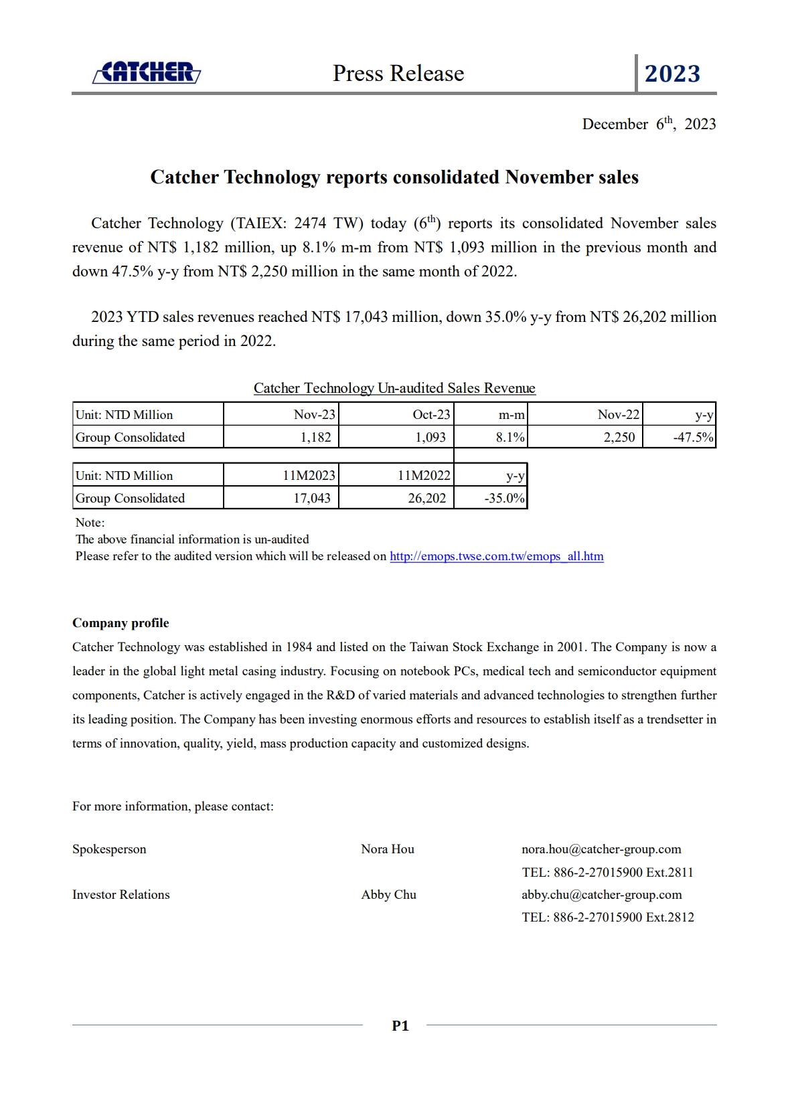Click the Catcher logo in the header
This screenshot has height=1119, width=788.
(147, 72)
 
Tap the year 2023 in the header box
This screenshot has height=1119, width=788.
(672, 74)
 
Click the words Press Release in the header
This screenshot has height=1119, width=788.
(398, 74)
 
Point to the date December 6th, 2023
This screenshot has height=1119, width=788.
(649, 124)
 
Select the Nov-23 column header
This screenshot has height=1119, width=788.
(314, 415)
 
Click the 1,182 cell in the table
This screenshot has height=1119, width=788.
(315, 438)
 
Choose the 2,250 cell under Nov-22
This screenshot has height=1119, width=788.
(619, 438)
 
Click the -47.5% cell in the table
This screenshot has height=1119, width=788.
(693, 438)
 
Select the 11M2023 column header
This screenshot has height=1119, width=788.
(309, 476)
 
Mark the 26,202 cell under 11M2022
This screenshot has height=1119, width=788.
(426, 499)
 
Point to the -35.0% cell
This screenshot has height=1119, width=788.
(504, 499)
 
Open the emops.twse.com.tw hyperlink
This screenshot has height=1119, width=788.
(496, 556)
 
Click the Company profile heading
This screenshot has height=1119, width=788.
(121, 623)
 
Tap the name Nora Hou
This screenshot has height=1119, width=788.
(388, 849)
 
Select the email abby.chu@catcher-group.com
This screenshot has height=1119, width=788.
(601, 895)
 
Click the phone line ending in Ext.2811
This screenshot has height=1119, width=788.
(607, 872)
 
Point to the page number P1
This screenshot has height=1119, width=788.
(400, 1025)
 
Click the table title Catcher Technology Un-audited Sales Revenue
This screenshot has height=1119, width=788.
(394, 388)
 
